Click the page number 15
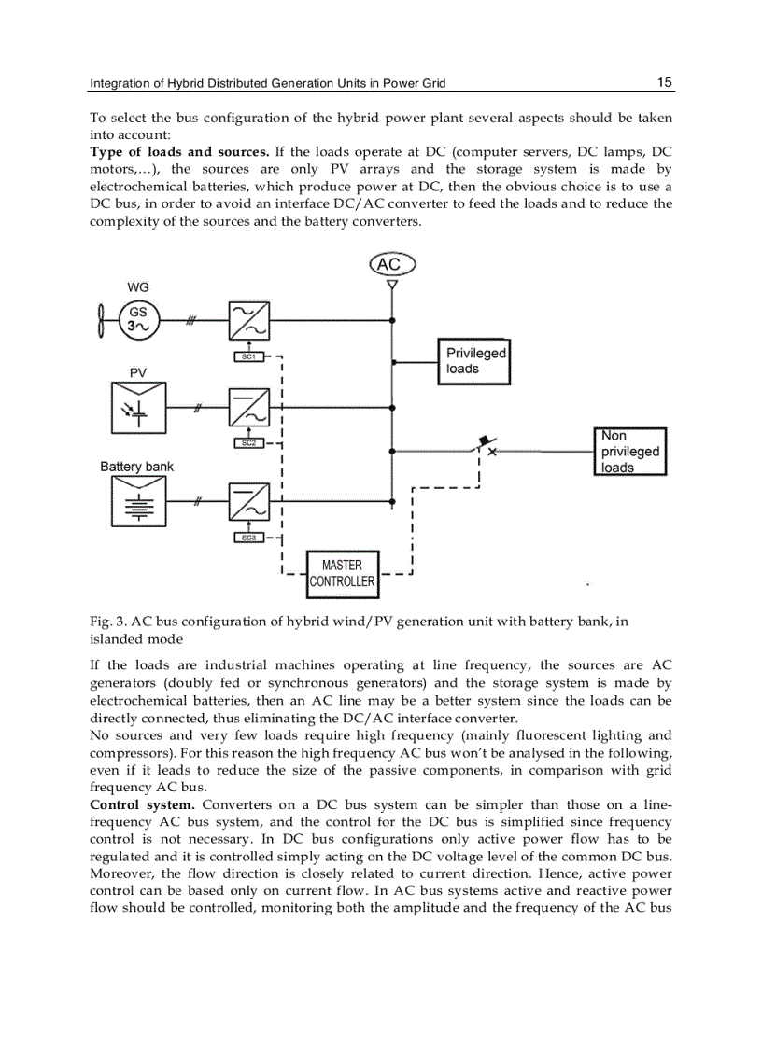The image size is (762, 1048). pos(664,82)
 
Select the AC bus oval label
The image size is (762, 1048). pos(389,265)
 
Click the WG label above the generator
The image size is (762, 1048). pos(137,287)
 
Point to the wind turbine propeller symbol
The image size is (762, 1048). pos(100,319)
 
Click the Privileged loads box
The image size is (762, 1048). pos(474,361)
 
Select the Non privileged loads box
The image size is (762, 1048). pos(630,452)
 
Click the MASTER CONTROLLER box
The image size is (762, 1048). pos(343,573)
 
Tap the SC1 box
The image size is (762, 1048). pos(248,356)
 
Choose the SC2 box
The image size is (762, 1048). pos(248,442)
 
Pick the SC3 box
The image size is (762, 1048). pos(248,538)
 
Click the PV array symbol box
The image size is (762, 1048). pos(138,408)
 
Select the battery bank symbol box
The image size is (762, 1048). pos(138,503)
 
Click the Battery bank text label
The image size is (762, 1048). pos(136,467)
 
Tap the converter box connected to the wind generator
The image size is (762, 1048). pos(248,321)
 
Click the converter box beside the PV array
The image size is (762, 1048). pos(248,408)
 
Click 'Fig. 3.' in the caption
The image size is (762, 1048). pos(107,622)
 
